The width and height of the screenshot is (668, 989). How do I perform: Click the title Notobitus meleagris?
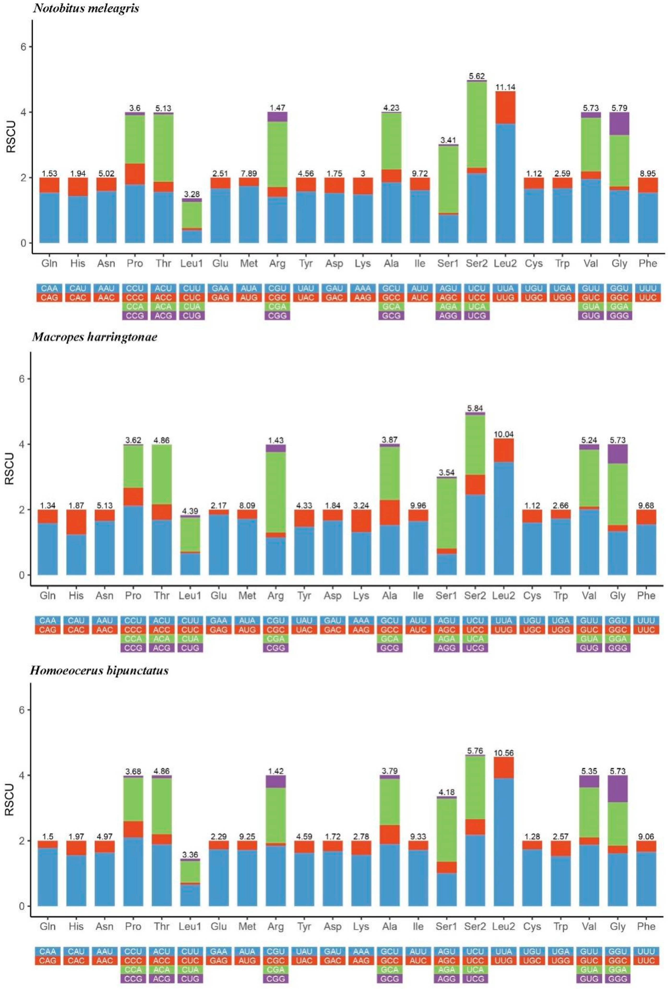pos(86,8)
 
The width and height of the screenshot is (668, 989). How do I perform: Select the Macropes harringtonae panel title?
pos(95,337)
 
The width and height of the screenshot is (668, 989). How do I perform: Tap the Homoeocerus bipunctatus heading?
pos(99,670)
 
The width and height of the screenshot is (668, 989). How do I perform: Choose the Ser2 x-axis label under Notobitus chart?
pos(477,263)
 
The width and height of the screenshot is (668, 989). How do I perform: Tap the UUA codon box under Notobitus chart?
pos(505,288)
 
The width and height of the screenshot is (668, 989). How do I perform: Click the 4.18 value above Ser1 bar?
pos(446,792)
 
